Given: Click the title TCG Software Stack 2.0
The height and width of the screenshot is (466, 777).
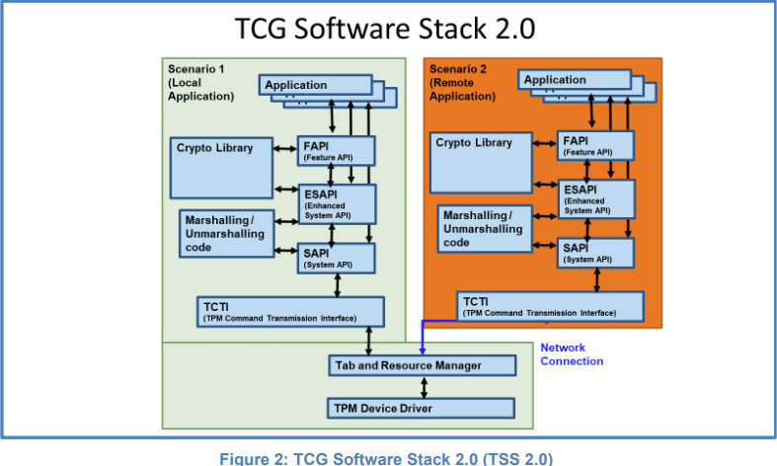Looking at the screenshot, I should click(x=385, y=27).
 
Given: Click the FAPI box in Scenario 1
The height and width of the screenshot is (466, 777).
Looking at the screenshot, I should click(x=337, y=151).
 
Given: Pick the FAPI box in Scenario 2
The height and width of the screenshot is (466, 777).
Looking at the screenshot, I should click(x=595, y=145).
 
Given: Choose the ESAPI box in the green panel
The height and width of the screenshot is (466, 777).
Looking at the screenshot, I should click(x=337, y=203).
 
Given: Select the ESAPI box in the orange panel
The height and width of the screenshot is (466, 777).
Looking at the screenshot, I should click(x=595, y=199).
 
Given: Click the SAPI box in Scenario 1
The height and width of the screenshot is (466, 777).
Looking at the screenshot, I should click(x=337, y=258).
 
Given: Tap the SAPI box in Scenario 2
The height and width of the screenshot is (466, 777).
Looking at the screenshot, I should click(x=595, y=253).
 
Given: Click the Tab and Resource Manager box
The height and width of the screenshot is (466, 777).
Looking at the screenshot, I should click(x=422, y=365).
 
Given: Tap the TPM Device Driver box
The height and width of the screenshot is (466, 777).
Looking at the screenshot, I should click(x=422, y=408).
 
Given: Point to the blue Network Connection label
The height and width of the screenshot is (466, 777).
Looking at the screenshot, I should click(x=572, y=354).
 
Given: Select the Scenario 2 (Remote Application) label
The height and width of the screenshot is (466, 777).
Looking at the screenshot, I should click(x=463, y=83).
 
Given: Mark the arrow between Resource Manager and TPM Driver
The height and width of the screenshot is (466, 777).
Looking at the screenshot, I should click(x=423, y=386).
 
